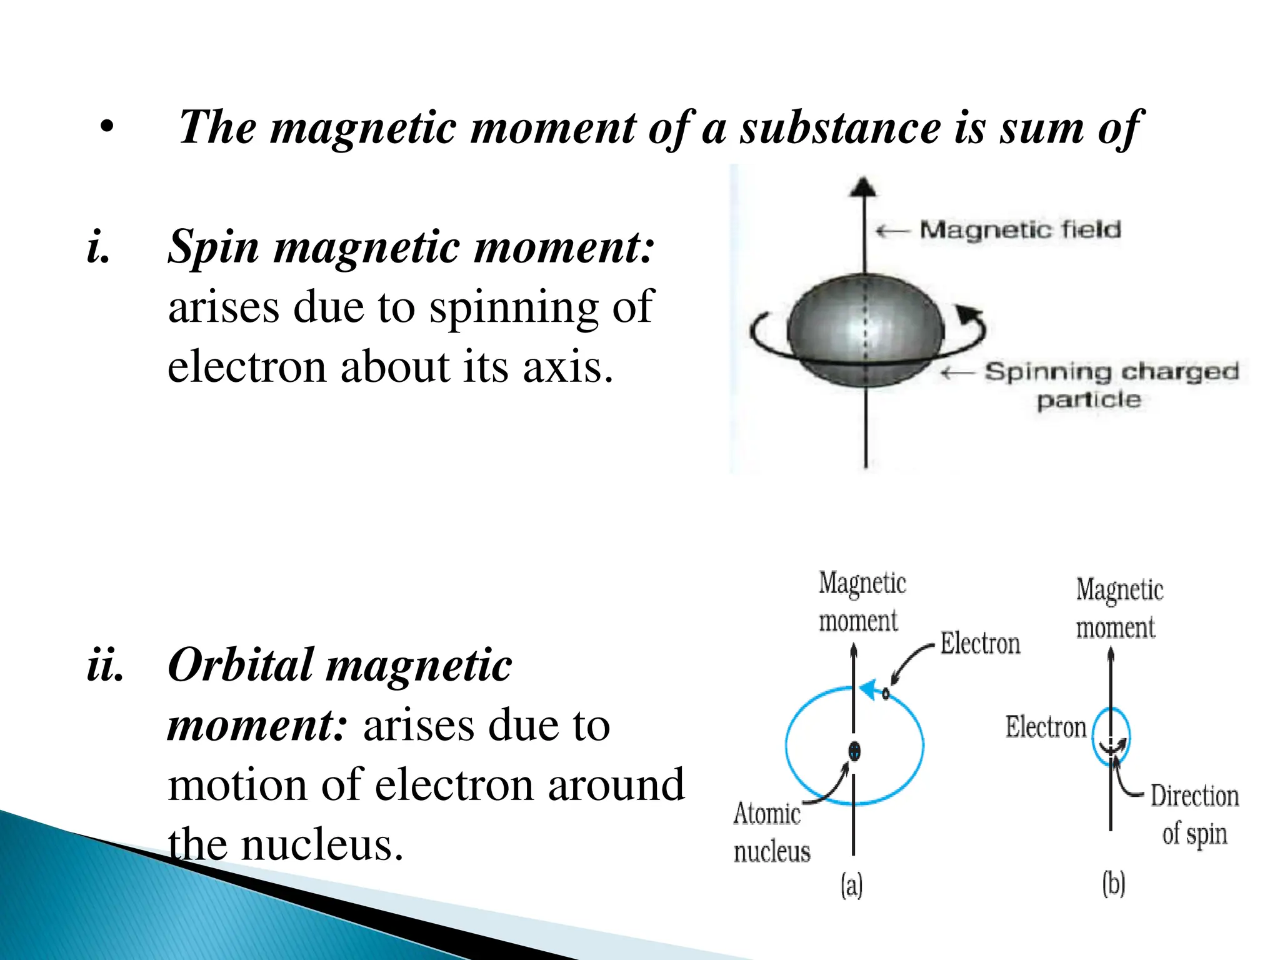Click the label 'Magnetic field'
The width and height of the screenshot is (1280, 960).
click(1020, 230)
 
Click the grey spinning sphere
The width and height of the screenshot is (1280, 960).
click(866, 331)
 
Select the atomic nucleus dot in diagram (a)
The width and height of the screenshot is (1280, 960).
click(854, 751)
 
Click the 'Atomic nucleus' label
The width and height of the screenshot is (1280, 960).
click(771, 832)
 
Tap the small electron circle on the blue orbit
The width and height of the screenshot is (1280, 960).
click(886, 693)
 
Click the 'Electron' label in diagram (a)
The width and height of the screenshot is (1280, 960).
click(980, 644)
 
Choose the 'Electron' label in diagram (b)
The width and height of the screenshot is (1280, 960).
click(1045, 727)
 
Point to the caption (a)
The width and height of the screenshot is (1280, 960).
click(851, 885)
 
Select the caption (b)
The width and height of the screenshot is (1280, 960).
click(1113, 884)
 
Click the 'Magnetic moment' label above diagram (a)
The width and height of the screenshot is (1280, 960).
click(861, 601)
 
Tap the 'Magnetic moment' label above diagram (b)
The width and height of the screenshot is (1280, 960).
click(1119, 608)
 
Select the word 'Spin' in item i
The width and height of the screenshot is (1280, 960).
click(213, 246)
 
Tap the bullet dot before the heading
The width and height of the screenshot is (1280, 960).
click(107, 127)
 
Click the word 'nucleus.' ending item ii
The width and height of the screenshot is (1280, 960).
click(322, 844)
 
